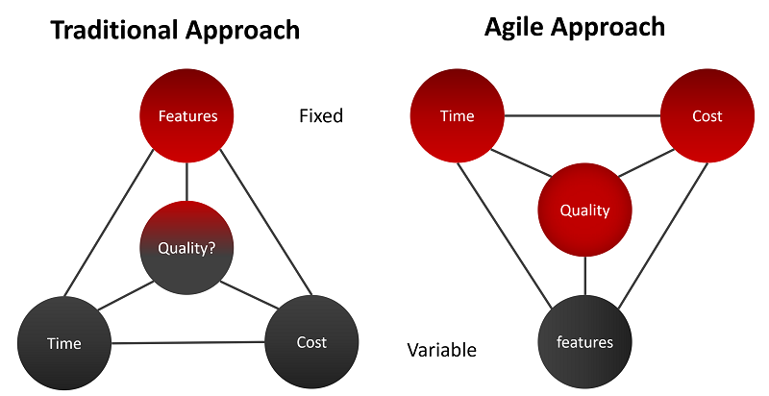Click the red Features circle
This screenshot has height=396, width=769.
coord(187,116)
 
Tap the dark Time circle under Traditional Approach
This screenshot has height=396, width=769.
coord(63,343)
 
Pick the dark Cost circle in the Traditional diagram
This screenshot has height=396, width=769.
coord(311,342)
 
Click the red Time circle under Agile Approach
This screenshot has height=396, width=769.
coord(457,116)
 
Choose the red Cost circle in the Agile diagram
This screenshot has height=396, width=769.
coord(707,116)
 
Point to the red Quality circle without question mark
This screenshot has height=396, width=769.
coord(584,211)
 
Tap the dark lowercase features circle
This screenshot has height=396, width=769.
coord(584,341)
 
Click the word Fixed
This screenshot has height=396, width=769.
coord(320,116)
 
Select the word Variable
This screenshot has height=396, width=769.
coord(441,350)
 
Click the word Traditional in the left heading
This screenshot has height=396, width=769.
coord(112,30)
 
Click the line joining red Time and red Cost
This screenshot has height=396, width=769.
coord(582,116)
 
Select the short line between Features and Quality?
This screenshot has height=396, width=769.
coord(187,181)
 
